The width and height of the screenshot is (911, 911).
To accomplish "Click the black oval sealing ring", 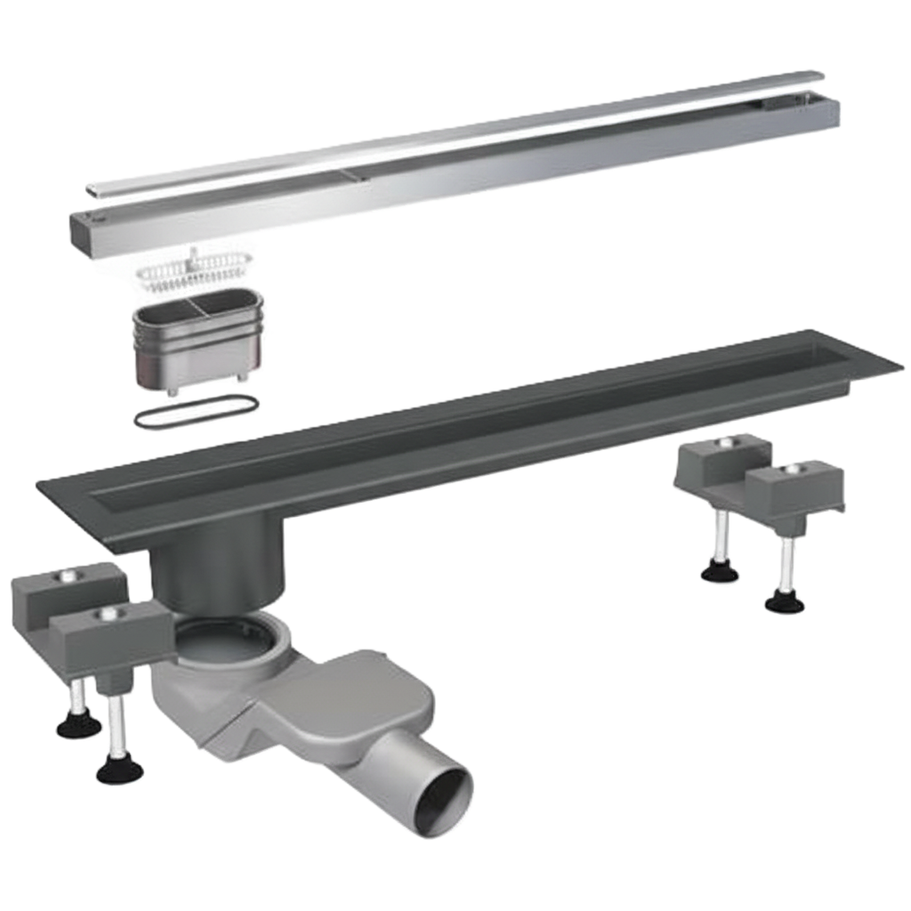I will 196,412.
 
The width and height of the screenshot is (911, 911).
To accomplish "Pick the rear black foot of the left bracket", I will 78,725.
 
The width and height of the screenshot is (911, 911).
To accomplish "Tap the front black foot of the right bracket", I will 785,604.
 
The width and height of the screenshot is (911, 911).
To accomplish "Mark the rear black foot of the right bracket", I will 720,573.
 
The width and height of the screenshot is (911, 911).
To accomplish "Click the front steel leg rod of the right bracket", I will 786,565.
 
